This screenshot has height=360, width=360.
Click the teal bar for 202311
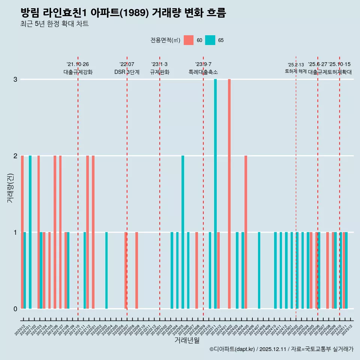pyautogui.click(x=216, y=194)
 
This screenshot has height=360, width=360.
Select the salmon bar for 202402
pyautogui.click(x=229, y=194)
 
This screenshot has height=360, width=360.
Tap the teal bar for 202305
pyautogui.click(x=183, y=232)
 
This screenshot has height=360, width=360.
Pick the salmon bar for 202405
pyautogui.click(x=246, y=232)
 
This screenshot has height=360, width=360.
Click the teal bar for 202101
pyautogui.click(x=30, y=232)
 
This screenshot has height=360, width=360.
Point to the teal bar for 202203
pyautogui.click(x=106, y=270)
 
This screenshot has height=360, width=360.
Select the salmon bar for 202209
pyautogui.click(x=136, y=270)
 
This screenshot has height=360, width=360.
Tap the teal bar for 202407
pyautogui.click(x=259, y=270)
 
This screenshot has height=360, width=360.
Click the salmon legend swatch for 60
pyautogui.click(x=189, y=40)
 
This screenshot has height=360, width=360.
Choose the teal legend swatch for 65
pyautogui.click(x=210, y=40)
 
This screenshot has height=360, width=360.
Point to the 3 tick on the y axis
pyautogui.click(x=15, y=79)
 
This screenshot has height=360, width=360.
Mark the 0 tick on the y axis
pyautogui.click(x=15, y=309)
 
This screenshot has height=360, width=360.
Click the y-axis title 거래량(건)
pyautogui.click(x=10, y=187)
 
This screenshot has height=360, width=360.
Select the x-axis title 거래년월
pyautogui.click(x=187, y=340)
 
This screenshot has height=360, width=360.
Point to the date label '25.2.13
pyautogui.click(x=296, y=65)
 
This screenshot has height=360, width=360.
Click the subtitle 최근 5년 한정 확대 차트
pyautogui.click(x=54, y=24)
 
